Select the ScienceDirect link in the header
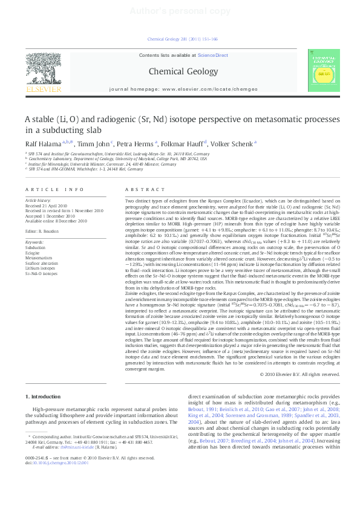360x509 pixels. tap(212, 55)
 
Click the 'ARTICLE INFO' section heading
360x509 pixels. tap(54, 189)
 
